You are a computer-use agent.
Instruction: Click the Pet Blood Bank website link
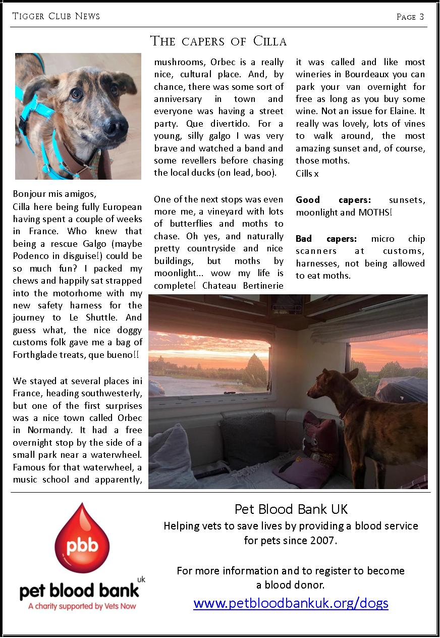tap(291, 603)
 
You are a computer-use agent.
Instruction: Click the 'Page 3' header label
tap(410, 17)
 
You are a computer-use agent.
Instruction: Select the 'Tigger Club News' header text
tap(56, 16)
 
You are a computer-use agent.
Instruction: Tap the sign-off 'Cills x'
tap(307, 173)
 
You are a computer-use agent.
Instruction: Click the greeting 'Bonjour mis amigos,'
tap(54, 194)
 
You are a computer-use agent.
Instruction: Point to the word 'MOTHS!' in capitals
tap(375, 212)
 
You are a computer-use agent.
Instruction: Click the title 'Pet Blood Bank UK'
tap(291, 509)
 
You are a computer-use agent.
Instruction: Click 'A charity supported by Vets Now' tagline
tap(82, 606)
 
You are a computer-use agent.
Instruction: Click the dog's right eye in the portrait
tap(76, 93)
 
